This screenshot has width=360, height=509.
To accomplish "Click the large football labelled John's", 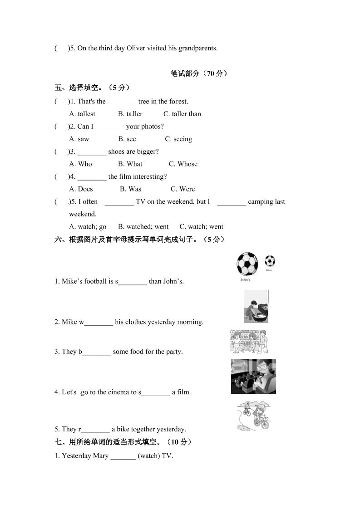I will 247,264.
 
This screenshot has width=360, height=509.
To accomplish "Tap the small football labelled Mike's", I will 270,261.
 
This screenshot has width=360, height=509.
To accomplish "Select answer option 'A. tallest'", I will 82,114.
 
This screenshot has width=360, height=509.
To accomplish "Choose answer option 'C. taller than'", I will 182,114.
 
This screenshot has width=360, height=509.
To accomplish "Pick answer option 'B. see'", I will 127,139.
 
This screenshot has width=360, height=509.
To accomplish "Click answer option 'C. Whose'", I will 183,164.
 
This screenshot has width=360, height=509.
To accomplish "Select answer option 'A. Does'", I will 81,189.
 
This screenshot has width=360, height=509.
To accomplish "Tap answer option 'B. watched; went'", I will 143,226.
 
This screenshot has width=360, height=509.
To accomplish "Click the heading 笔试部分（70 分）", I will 199,73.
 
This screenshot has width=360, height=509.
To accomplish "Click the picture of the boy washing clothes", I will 256,307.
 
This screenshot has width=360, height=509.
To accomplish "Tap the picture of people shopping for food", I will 249,342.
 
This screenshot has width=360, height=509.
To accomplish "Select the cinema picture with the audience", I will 253,377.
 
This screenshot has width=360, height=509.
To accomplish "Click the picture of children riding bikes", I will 254,416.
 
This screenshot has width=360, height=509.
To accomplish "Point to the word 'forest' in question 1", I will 178,102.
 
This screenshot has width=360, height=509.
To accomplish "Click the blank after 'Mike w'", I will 99,322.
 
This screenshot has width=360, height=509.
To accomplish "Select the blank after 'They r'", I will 95,429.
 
